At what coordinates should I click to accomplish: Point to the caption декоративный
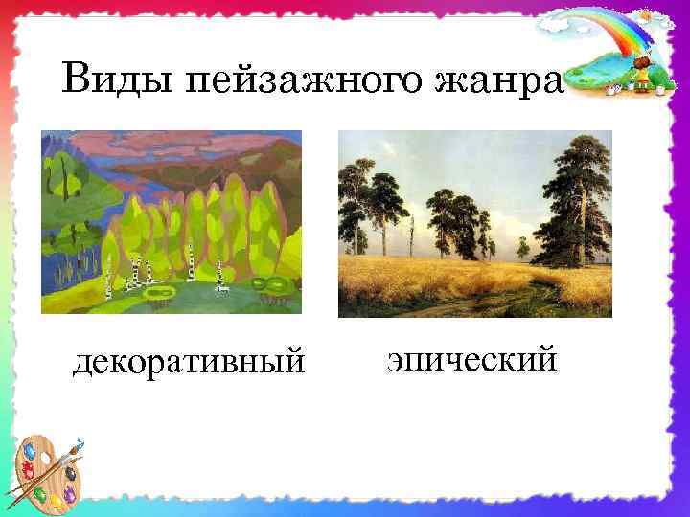coord(189,363)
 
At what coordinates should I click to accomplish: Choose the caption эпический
coord(471,359)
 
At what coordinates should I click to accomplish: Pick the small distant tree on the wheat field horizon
coord(522,251)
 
